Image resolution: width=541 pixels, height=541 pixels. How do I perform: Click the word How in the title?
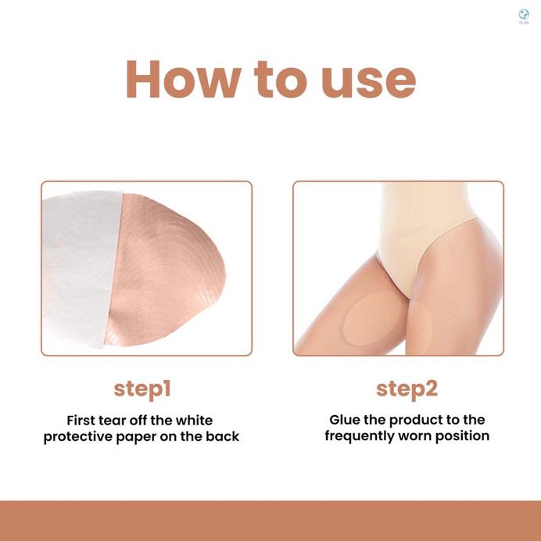pos(184,80)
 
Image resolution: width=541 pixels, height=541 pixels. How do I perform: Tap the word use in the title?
pos(368,83)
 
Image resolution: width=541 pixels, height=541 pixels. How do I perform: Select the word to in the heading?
pos(280,80)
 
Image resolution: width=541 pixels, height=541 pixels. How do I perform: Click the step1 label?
pos(142,389)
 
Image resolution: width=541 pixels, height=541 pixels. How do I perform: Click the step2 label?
pos(407,389)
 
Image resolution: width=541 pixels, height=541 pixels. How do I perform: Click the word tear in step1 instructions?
pos(124,421)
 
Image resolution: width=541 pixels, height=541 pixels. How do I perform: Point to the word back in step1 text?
pos(223,436)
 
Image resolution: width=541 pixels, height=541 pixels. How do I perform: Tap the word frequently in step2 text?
pos(360,436)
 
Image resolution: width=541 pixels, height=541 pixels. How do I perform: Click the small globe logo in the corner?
pos(524,14)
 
